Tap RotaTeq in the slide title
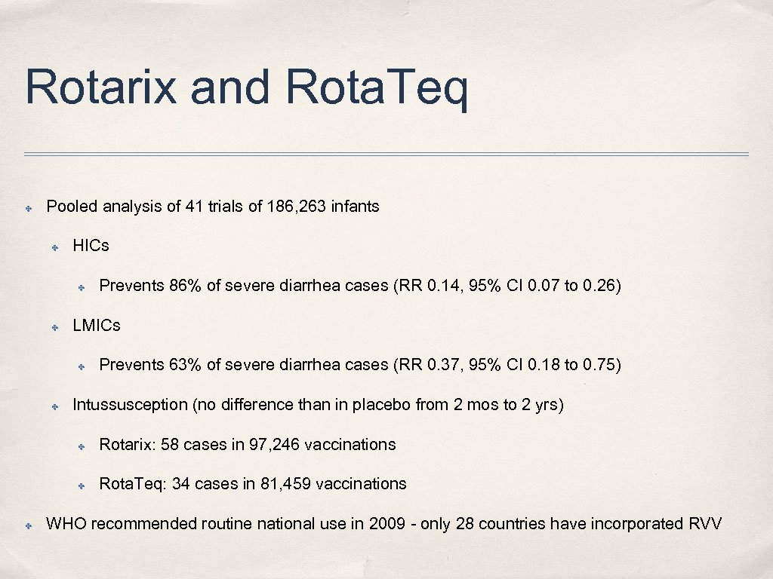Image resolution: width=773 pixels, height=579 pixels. coord(377,87)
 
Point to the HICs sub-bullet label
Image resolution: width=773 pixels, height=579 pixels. coord(91,246)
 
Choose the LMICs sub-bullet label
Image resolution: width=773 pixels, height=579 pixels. coord(97,326)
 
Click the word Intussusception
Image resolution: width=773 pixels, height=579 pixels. coord(130,405)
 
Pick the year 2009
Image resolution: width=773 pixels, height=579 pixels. coord(387,524)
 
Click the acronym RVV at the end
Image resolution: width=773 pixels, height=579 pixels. coord(705,524)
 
